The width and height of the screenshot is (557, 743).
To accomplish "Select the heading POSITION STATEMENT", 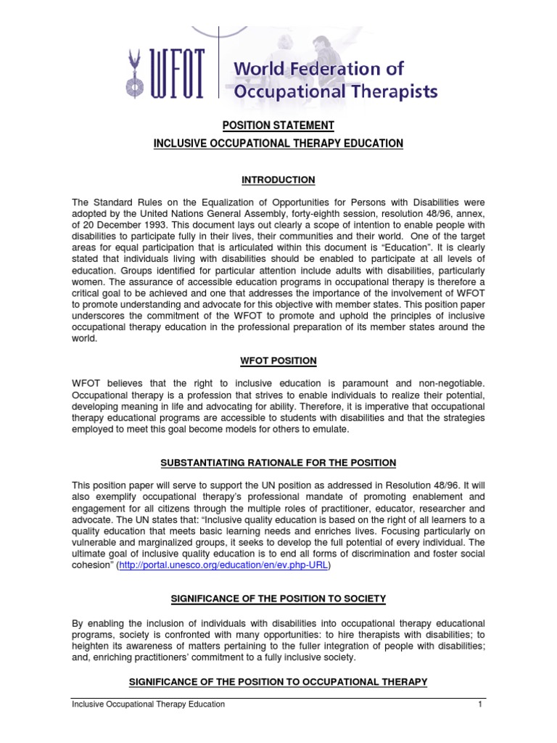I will [x=278, y=126].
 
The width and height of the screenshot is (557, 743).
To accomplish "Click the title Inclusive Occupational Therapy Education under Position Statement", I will [x=278, y=144].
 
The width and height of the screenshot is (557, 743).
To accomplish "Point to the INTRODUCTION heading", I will [x=278, y=180].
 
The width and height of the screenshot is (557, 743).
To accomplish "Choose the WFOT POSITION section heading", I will [x=278, y=361].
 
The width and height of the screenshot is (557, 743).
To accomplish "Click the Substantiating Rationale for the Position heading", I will [x=278, y=463].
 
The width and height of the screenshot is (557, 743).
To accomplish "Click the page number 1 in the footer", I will [x=480, y=704].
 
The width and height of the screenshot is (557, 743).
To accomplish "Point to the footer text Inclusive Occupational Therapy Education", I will [x=149, y=704].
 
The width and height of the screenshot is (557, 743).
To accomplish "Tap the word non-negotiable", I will [x=447, y=382].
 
